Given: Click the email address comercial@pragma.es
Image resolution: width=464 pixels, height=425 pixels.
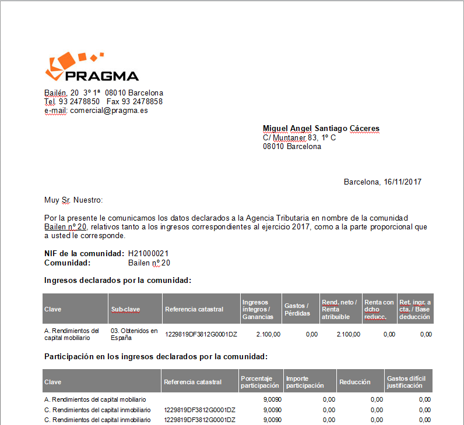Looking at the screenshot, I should (108, 110).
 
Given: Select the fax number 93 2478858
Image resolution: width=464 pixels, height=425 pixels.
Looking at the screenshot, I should (142, 101).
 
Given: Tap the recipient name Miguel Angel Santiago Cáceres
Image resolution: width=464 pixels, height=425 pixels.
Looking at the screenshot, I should (321, 129).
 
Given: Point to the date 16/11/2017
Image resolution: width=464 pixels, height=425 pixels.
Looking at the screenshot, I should (402, 182).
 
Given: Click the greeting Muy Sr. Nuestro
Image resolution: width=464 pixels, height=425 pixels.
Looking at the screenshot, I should (73, 200).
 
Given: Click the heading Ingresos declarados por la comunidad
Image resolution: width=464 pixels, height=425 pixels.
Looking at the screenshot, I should (118, 281).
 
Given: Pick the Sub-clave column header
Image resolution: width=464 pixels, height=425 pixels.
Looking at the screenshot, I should (125, 309).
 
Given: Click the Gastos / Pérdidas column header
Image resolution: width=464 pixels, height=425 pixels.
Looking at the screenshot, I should (297, 309).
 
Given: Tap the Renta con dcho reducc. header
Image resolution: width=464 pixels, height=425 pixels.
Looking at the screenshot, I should (379, 309).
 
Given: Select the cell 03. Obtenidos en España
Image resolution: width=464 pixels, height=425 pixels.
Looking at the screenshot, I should (134, 334).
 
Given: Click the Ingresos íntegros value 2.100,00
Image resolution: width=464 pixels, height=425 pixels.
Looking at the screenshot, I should (268, 334).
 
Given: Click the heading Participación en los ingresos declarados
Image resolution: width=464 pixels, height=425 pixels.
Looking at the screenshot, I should (156, 356).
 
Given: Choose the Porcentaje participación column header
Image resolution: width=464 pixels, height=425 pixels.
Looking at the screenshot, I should (260, 382).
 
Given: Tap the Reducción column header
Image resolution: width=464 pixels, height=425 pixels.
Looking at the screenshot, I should (355, 382).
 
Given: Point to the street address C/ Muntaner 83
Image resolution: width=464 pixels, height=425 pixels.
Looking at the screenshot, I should (299, 137).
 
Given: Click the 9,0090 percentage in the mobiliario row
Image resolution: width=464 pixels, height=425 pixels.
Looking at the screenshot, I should (273, 399).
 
